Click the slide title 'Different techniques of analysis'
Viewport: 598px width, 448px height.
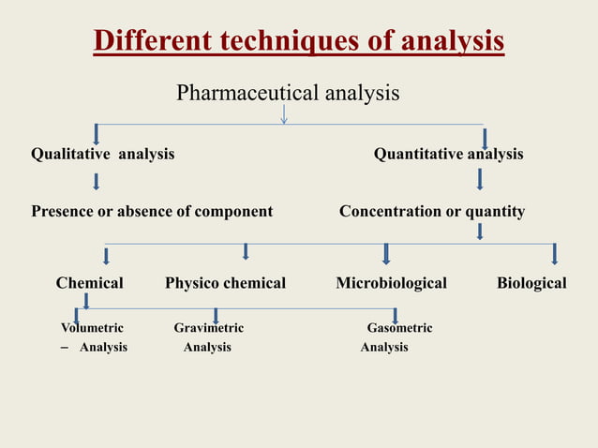pyautogui.click(x=299, y=42)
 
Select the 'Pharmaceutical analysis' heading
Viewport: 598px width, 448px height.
pyautogui.click(x=288, y=93)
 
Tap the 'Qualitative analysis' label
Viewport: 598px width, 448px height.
pyautogui.click(x=102, y=154)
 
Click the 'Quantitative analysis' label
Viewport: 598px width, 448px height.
pyautogui.click(x=448, y=154)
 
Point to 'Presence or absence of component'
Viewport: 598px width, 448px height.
pyautogui.click(x=152, y=211)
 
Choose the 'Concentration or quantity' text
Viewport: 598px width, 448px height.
pyautogui.click(x=431, y=211)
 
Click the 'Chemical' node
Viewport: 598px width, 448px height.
pyautogui.click(x=89, y=283)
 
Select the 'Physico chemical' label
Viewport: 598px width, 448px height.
pyautogui.click(x=225, y=283)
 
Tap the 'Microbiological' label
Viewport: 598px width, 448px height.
pyautogui.click(x=391, y=283)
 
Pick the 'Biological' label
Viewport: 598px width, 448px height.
pyautogui.click(x=531, y=283)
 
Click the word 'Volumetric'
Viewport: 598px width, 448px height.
pyautogui.click(x=92, y=328)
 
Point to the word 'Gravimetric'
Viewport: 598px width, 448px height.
pyautogui.click(x=208, y=328)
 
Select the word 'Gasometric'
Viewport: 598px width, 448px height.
pyautogui.click(x=399, y=328)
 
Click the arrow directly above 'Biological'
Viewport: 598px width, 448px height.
pyautogui.click(x=555, y=254)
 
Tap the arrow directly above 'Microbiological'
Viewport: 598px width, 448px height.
pyautogui.click(x=386, y=254)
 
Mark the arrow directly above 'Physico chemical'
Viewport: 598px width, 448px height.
pyautogui.click(x=246, y=251)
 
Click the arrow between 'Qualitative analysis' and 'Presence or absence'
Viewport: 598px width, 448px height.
pyautogui.click(x=96, y=181)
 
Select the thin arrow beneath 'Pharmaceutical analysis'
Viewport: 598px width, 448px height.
pyautogui.click(x=283, y=113)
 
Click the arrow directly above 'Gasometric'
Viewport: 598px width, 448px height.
pyautogui.click(x=396, y=316)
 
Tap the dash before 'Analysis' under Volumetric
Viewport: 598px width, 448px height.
pyautogui.click(x=64, y=348)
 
